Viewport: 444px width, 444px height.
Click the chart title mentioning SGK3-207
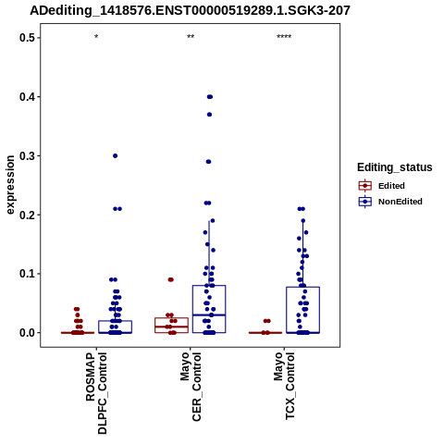(x=190, y=10)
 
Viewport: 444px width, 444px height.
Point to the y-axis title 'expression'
(x=10, y=185)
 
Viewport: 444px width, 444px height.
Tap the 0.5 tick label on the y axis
(x=25, y=38)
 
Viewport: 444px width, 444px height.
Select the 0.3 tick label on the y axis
(x=25, y=155)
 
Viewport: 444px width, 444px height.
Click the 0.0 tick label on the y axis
(x=25, y=333)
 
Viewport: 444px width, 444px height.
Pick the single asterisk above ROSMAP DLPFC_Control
(x=96, y=37)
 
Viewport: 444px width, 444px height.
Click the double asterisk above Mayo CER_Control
(x=191, y=37)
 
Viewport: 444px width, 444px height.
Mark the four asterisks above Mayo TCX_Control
(x=284, y=37)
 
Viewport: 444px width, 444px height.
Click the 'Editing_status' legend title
(x=395, y=167)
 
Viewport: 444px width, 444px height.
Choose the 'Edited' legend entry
(x=391, y=186)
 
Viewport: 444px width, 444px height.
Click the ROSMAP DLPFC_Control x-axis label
(x=96, y=393)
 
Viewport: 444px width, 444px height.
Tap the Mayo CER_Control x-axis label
(x=191, y=387)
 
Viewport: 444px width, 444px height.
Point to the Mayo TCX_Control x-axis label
(x=284, y=386)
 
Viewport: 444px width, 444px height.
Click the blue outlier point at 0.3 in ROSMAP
(x=115, y=155)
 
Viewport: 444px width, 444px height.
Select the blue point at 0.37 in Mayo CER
(x=209, y=115)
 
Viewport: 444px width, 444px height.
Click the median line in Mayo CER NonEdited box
(x=209, y=314)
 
